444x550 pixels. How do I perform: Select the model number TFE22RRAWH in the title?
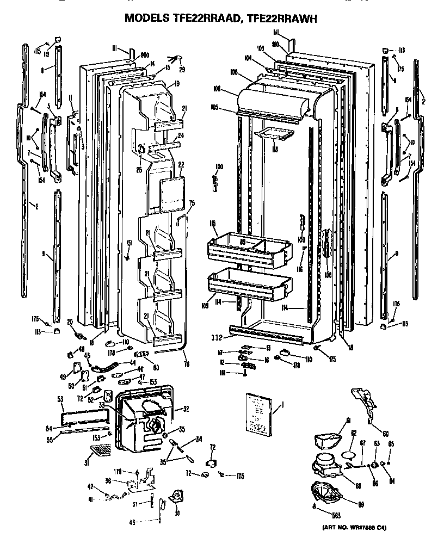[282, 18]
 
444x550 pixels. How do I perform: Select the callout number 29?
[182, 69]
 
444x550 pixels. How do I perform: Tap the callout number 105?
[215, 107]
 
